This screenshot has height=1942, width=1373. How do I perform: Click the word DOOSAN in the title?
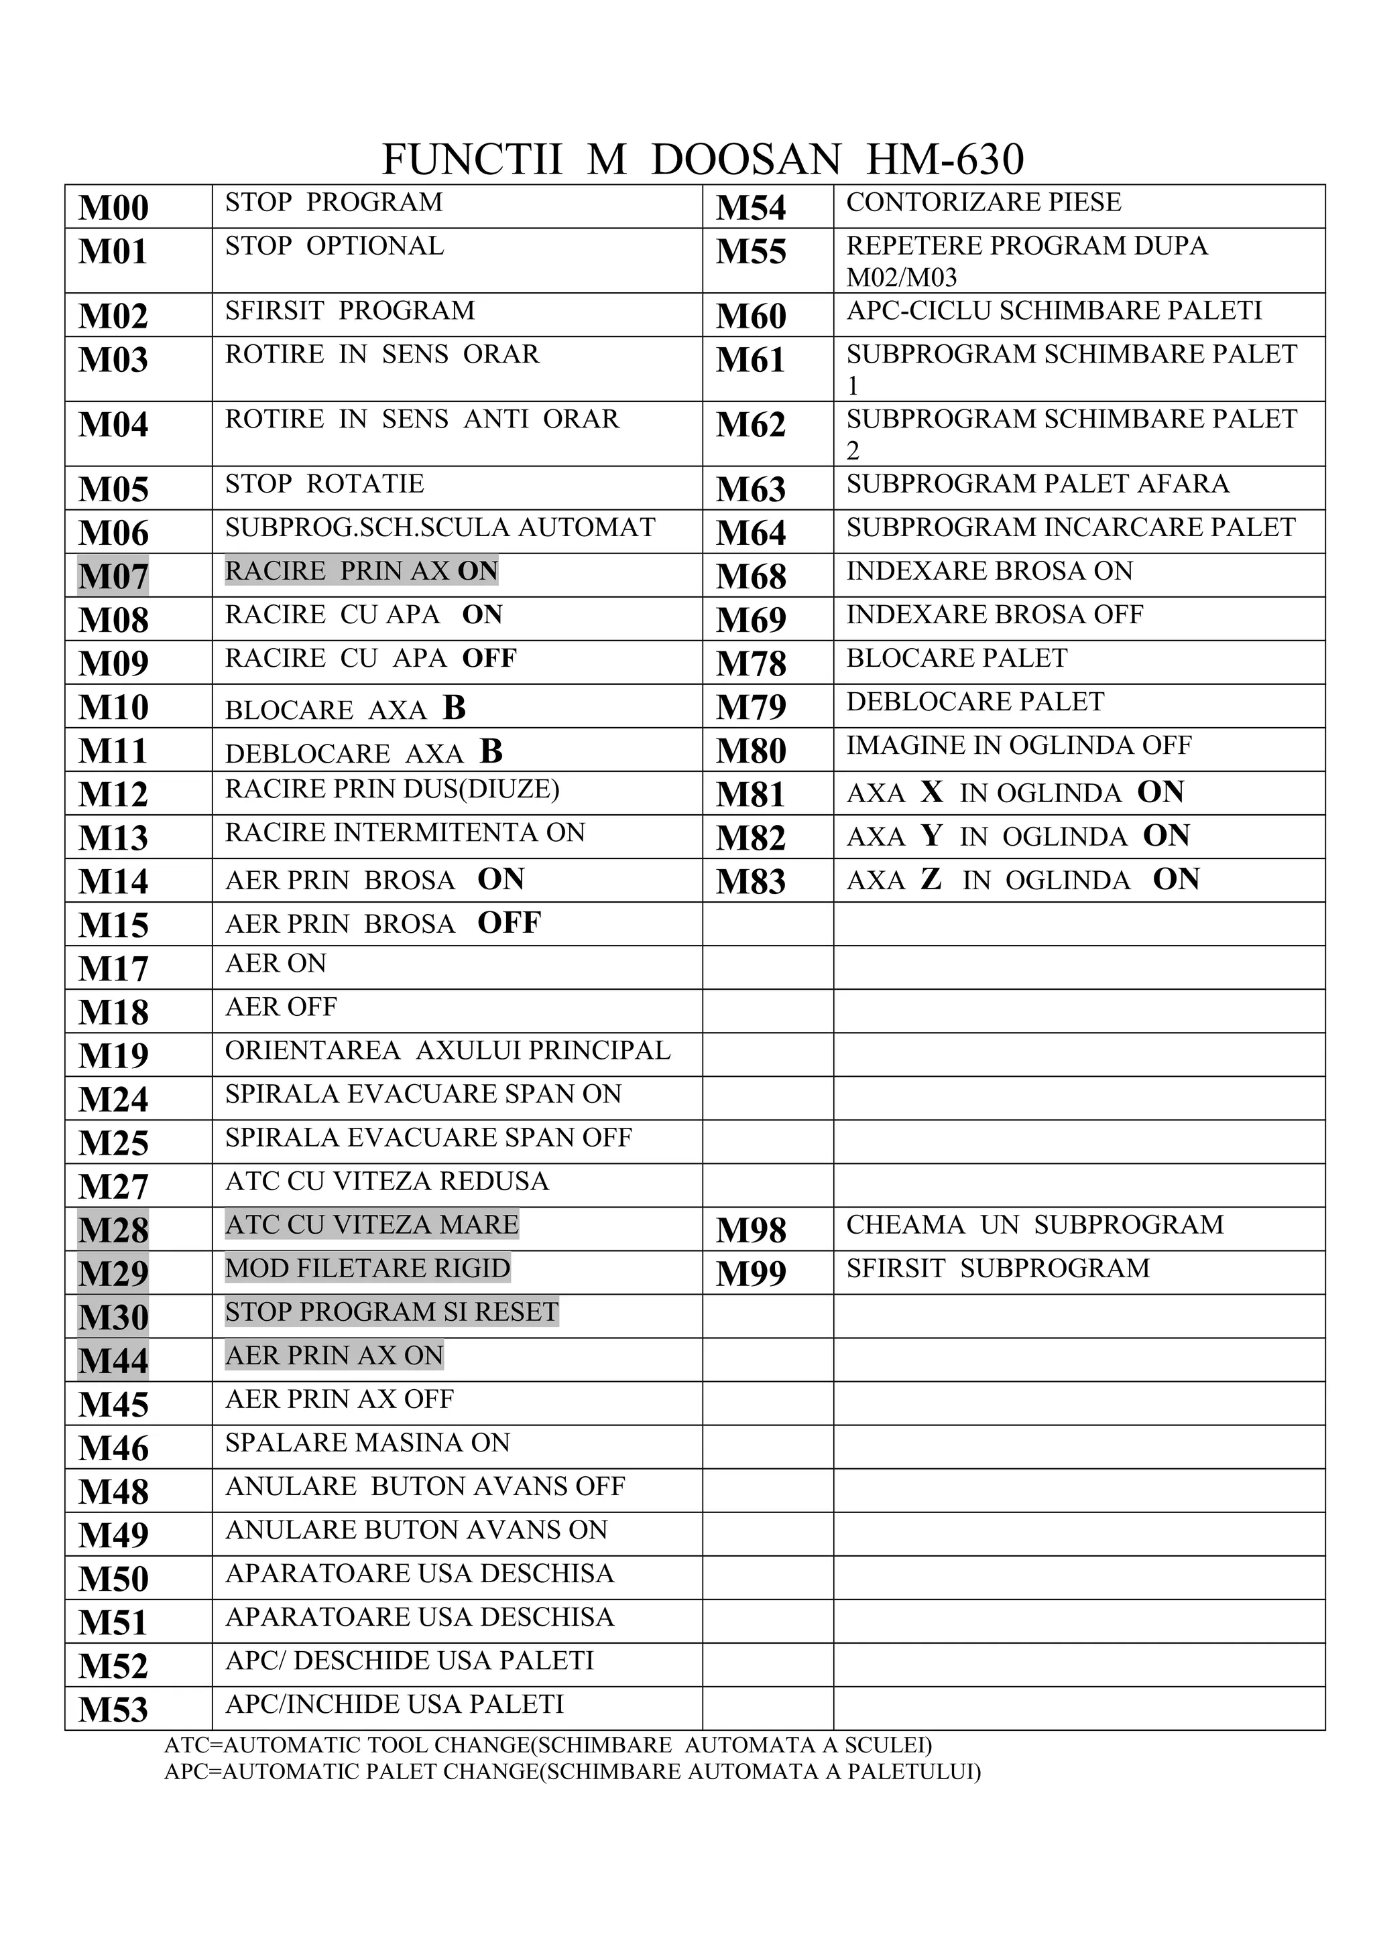[745, 159]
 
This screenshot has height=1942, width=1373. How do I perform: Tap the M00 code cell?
[113, 207]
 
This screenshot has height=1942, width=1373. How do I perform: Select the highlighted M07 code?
[113, 576]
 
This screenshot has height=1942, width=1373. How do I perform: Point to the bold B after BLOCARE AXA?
[455, 708]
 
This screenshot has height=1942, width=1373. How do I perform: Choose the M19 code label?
[113, 1055]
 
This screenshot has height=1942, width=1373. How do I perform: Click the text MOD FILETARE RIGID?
[367, 1268]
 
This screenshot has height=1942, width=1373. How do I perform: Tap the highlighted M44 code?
[113, 1360]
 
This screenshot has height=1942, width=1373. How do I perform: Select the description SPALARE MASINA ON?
[367, 1442]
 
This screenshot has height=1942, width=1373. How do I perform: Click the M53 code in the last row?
[113, 1709]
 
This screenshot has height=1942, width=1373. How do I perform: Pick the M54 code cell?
[750, 207]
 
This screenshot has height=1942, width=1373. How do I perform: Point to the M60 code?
[750, 316]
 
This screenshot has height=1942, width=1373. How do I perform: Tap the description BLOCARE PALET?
[957, 658]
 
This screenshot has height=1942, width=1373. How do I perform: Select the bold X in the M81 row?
[931, 791]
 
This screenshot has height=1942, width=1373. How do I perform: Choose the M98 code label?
[750, 1230]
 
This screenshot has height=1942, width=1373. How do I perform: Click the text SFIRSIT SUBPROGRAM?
[998, 1269]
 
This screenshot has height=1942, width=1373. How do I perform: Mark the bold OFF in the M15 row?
[508, 923]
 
